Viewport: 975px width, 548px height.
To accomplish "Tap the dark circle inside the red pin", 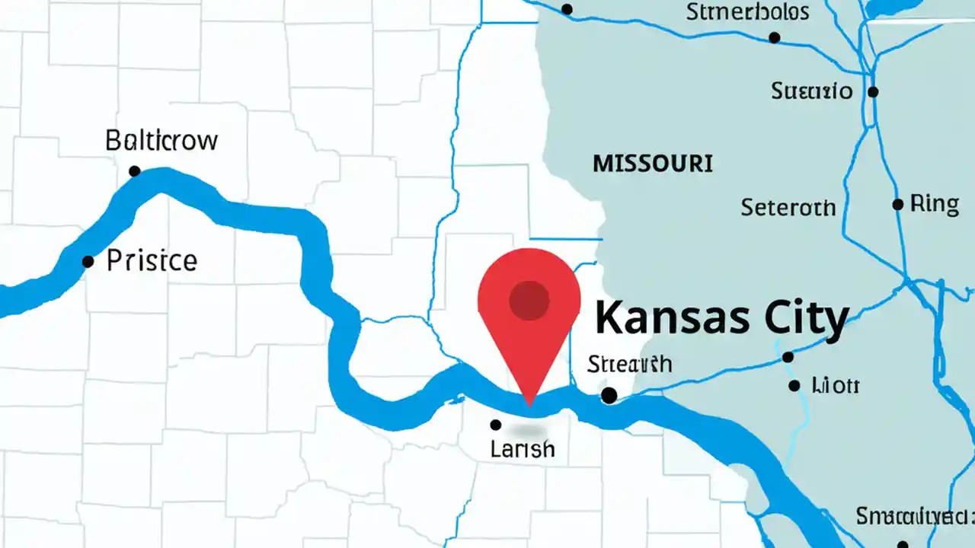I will (x=529, y=300).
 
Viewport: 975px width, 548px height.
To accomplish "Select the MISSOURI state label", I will (x=653, y=163).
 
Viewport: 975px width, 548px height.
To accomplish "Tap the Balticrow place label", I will (x=161, y=141).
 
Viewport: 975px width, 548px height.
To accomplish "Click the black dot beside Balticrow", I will (x=135, y=171).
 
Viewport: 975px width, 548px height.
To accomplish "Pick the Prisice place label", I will (x=152, y=261).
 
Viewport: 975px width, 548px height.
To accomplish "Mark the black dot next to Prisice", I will (x=88, y=262).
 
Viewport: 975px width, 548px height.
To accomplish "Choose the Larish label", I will (x=523, y=450).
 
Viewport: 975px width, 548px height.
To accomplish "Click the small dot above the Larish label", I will (x=496, y=425).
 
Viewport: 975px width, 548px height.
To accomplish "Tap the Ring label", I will (x=935, y=204).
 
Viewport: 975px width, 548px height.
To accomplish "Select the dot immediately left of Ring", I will (x=898, y=205).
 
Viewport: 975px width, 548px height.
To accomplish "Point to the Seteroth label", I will (x=788, y=207).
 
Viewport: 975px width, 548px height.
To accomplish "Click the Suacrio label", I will (x=811, y=92).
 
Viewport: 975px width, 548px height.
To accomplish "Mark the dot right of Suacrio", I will (x=873, y=92).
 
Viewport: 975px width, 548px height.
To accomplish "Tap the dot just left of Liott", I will (x=794, y=386).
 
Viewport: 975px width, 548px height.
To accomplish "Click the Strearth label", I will (x=629, y=364).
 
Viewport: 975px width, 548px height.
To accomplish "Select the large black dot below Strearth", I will (x=609, y=395).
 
